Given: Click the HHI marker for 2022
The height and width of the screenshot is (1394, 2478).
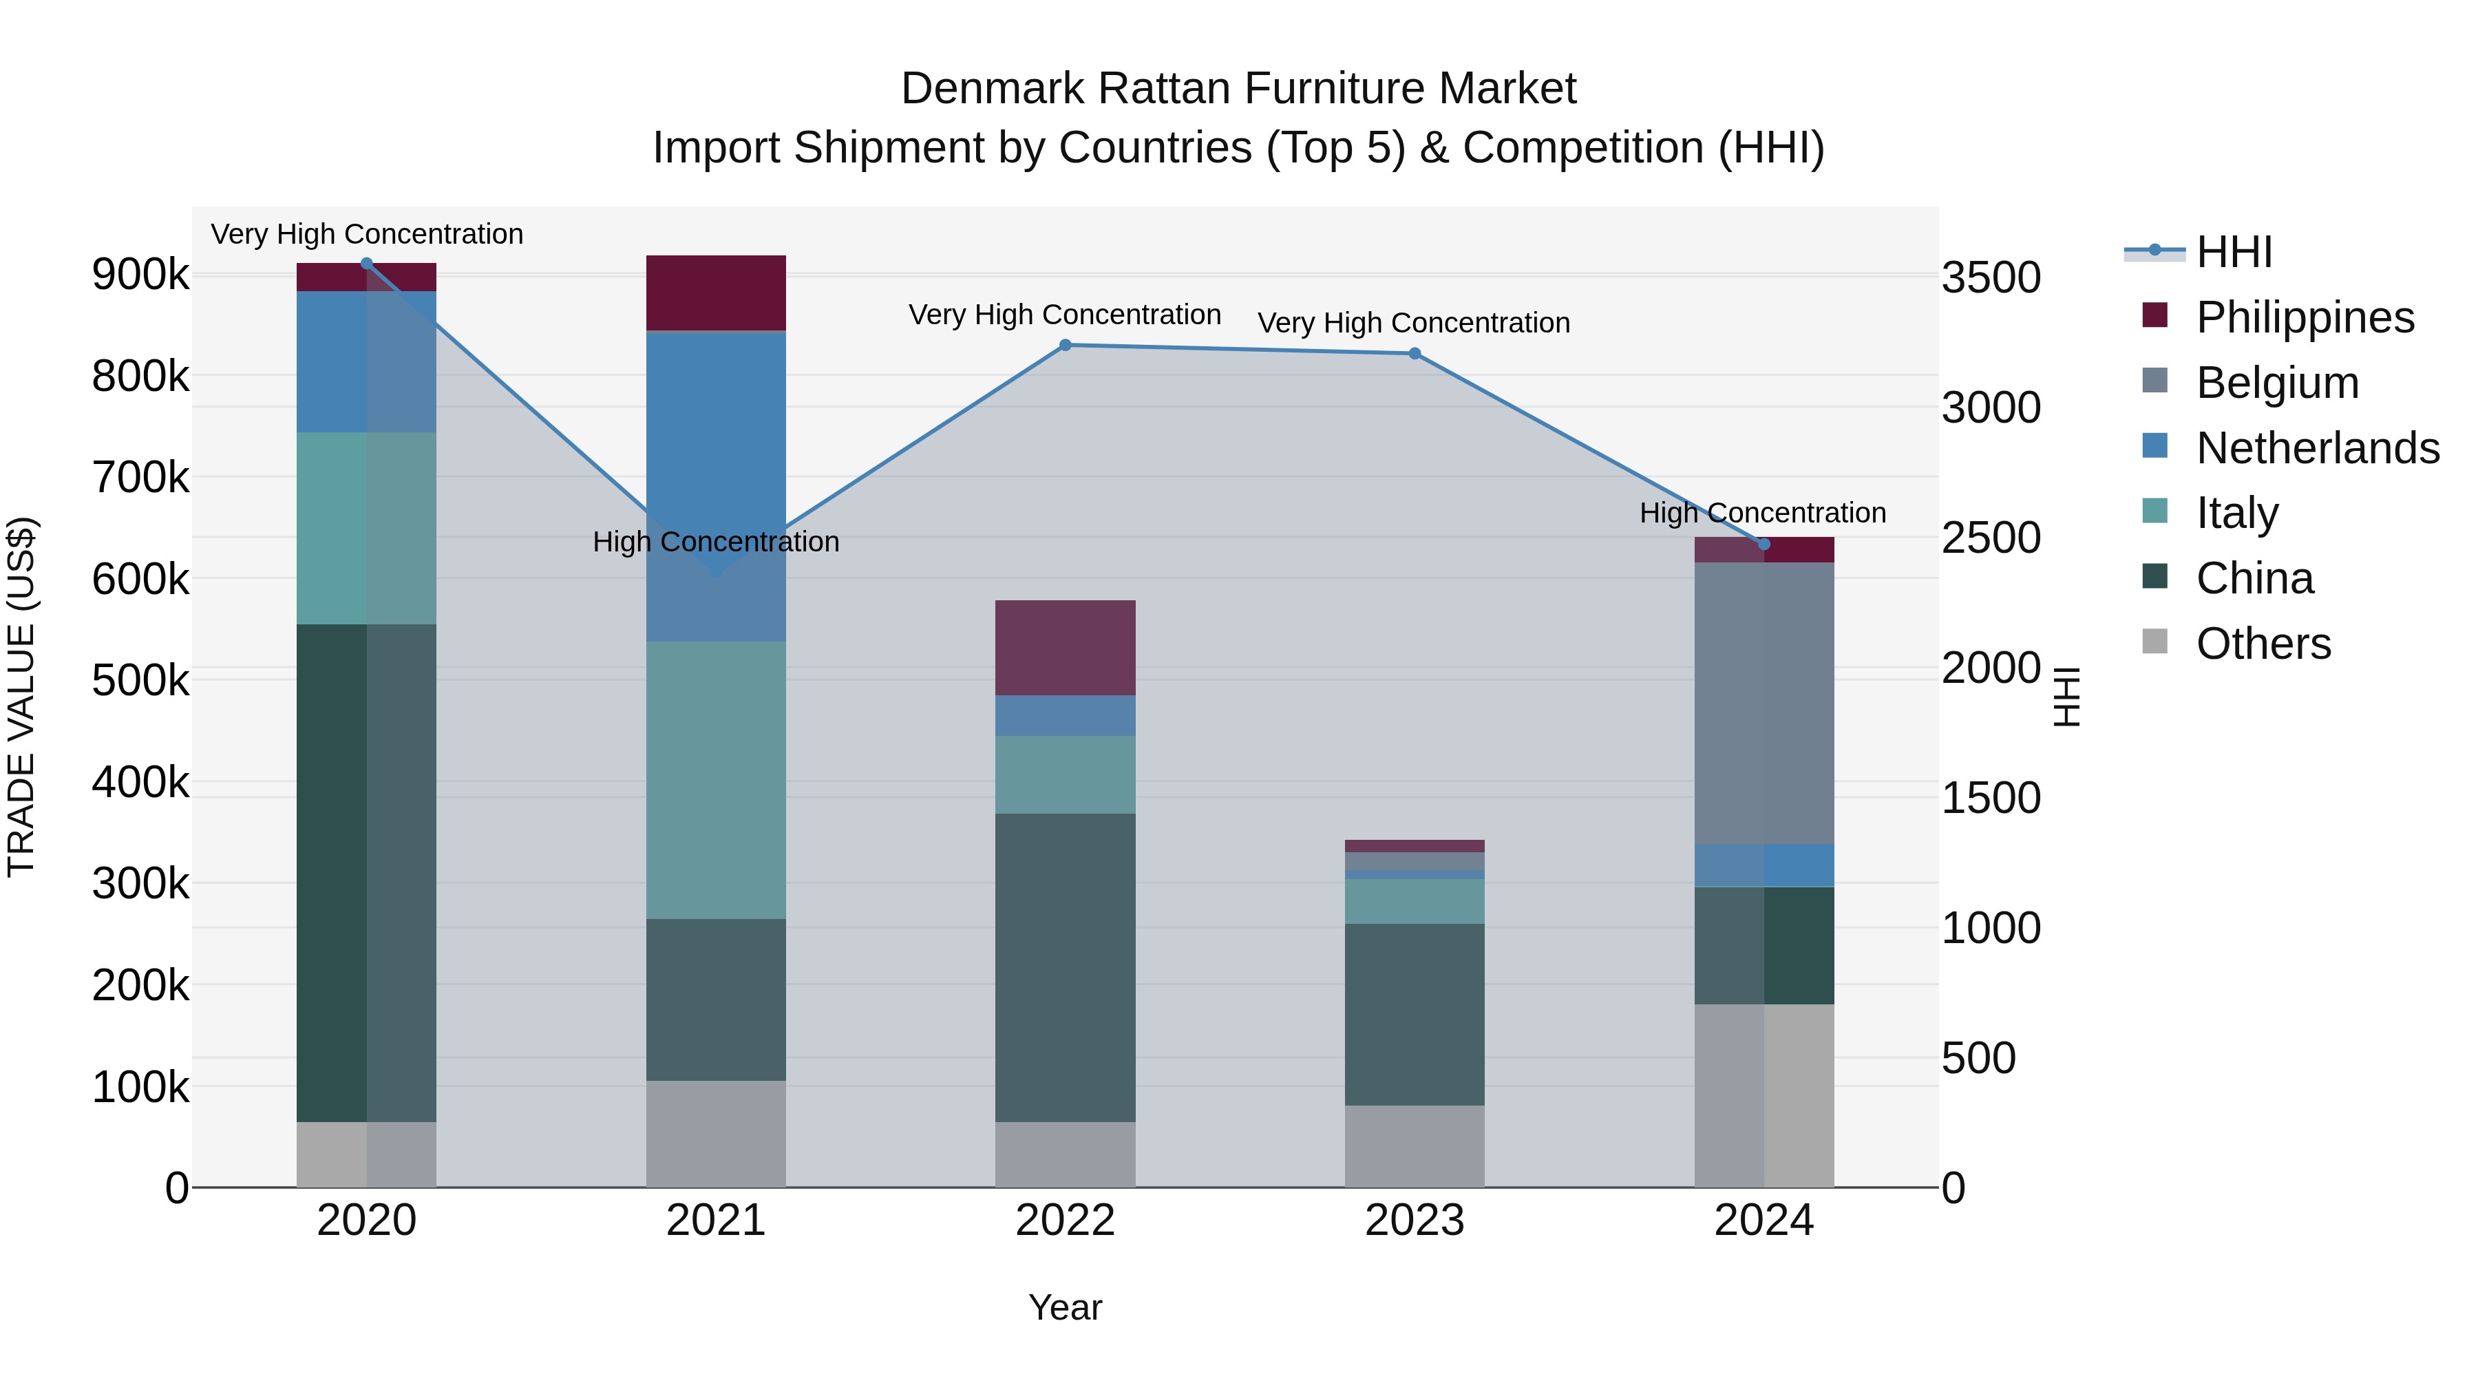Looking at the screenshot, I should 1065,346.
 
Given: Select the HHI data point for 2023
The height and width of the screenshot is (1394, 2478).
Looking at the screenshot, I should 1414,354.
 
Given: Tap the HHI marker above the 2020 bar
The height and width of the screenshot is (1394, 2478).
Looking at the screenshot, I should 366,264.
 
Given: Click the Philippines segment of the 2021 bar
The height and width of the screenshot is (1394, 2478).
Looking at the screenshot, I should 716,293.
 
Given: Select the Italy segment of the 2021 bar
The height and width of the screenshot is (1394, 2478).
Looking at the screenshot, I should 716,779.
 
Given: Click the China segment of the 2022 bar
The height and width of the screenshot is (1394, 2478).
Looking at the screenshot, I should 1065,967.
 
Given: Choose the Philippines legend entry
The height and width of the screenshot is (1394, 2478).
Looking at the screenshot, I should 2304,317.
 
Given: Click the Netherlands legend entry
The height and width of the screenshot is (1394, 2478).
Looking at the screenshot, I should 2316,448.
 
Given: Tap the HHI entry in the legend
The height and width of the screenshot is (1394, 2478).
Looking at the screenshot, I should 2234,252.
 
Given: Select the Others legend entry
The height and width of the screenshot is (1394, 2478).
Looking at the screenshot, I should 2263,644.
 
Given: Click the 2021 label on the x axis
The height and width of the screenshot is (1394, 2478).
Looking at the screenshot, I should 716,1221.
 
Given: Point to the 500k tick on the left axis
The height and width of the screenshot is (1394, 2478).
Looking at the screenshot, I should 140,681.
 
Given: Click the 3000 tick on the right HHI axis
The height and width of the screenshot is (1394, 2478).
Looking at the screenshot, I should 1990,408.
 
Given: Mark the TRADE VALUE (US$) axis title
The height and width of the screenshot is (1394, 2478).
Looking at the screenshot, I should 21,697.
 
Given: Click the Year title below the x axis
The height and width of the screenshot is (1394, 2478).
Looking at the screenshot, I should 1065,1307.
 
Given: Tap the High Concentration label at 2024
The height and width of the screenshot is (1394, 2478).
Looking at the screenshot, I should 1762,513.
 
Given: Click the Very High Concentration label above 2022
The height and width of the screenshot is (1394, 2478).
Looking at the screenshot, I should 1065,315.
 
